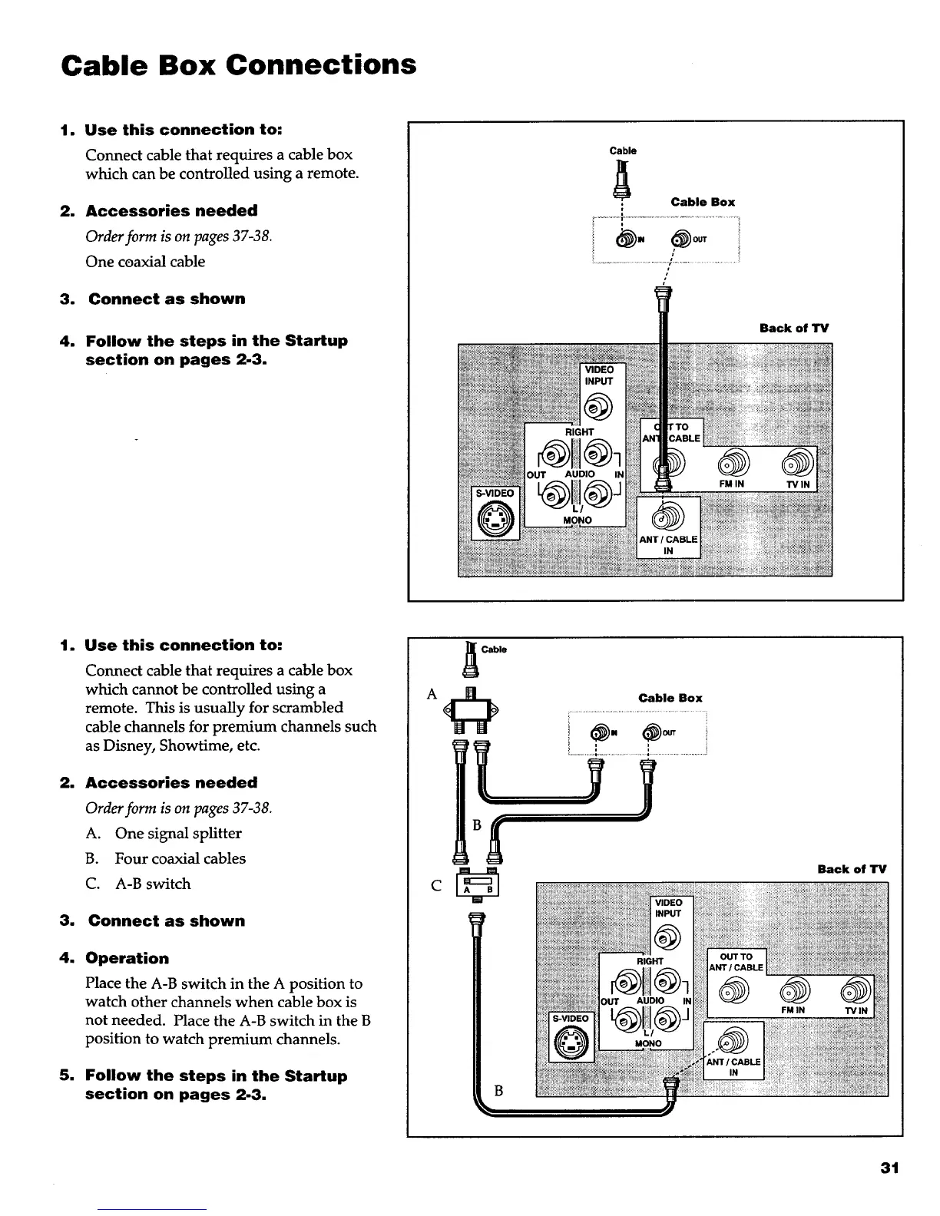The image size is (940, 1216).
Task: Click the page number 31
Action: click(x=889, y=1168)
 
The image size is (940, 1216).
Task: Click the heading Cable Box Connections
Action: click(x=239, y=64)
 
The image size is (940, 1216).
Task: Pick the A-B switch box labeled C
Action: click(x=477, y=886)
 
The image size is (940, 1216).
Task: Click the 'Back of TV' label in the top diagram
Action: click(x=793, y=329)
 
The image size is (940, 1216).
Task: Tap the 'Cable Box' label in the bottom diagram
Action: click(x=670, y=698)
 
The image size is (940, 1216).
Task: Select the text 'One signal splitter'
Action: click(x=178, y=834)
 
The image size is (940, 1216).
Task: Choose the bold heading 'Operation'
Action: click(x=127, y=958)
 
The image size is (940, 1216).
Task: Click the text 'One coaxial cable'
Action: click(x=145, y=262)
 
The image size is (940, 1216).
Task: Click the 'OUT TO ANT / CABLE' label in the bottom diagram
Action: click(x=736, y=962)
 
